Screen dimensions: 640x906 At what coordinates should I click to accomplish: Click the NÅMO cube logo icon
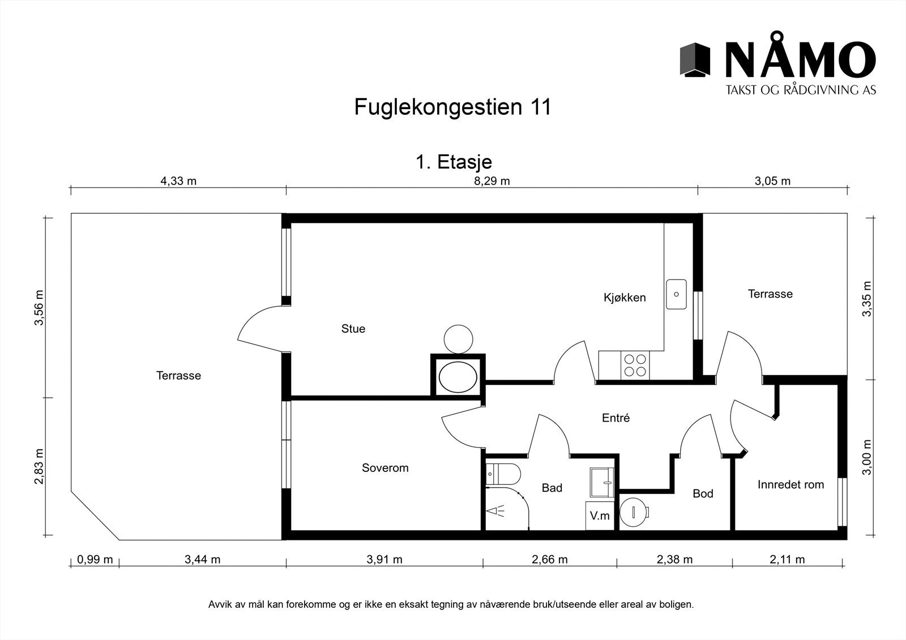[x=695, y=59]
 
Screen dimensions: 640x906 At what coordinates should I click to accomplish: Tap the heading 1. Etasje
[x=454, y=162]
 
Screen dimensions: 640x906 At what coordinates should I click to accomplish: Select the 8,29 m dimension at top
[x=492, y=181]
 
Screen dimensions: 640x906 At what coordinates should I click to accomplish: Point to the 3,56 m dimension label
[x=39, y=308]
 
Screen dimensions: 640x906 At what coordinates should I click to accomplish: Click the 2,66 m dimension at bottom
[x=549, y=560]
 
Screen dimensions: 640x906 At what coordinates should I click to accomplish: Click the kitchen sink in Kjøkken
[x=676, y=294]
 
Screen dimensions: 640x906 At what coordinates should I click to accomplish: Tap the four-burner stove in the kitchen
[x=634, y=365]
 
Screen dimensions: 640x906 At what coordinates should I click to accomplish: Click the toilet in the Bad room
[x=503, y=474]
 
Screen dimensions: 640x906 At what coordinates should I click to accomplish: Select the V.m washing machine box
[x=600, y=516]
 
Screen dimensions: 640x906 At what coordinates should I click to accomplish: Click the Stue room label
[x=353, y=329]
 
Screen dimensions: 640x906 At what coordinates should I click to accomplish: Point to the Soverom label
[x=385, y=468]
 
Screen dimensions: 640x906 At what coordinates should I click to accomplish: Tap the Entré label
[x=616, y=418]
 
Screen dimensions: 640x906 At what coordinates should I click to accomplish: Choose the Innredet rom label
[x=790, y=485]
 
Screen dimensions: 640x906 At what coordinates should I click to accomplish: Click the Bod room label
[x=703, y=493]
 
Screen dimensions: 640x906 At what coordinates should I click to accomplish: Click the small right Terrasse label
[x=770, y=294]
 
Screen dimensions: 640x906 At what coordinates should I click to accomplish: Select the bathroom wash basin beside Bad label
[x=601, y=482]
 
